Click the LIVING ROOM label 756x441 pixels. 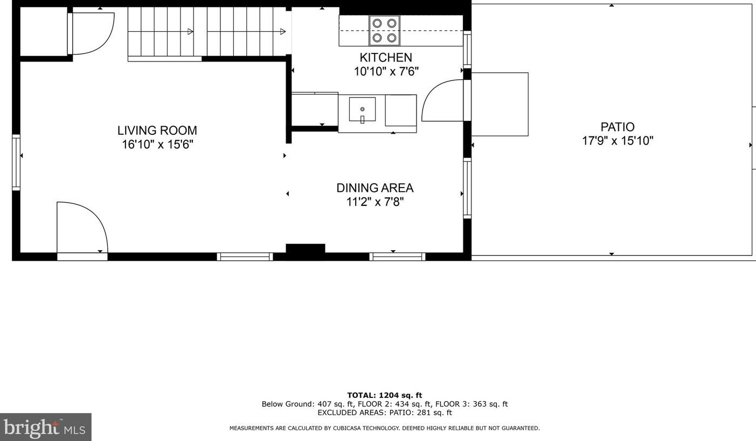[x=157, y=130]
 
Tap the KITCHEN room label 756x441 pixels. [x=386, y=58]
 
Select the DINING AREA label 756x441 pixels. [x=375, y=188]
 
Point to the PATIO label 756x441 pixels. [x=618, y=127]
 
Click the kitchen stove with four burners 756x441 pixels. [x=384, y=30]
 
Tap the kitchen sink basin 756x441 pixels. [x=362, y=109]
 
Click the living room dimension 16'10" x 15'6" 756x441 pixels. [x=157, y=144]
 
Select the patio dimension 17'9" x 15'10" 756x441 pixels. [x=618, y=141]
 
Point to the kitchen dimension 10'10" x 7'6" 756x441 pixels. [x=386, y=72]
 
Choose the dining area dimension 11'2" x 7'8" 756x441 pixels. [x=375, y=202]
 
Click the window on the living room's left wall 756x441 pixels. [x=16, y=162]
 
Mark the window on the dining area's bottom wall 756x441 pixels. [x=397, y=257]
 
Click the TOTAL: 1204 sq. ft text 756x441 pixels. [x=384, y=395]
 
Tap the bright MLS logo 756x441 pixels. [x=46, y=427]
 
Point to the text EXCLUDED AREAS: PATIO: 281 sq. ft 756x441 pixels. [x=384, y=412]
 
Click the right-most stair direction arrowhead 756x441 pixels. [x=283, y=32]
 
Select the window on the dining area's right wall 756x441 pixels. [x=467, y=188]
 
